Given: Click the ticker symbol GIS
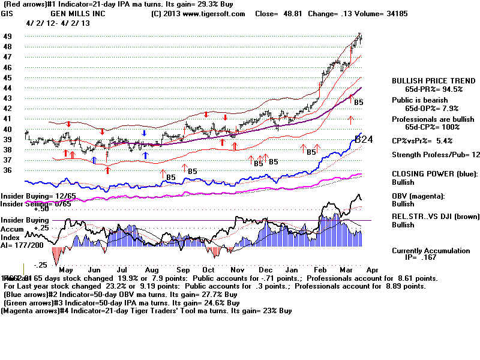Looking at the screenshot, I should point(7,13).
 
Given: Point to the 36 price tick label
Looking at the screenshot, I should point(7,171).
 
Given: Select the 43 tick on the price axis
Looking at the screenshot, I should point(7,98).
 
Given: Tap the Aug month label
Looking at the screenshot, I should point(151,271).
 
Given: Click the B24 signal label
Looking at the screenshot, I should point(364,139).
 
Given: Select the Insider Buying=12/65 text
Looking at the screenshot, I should point(30,196).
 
